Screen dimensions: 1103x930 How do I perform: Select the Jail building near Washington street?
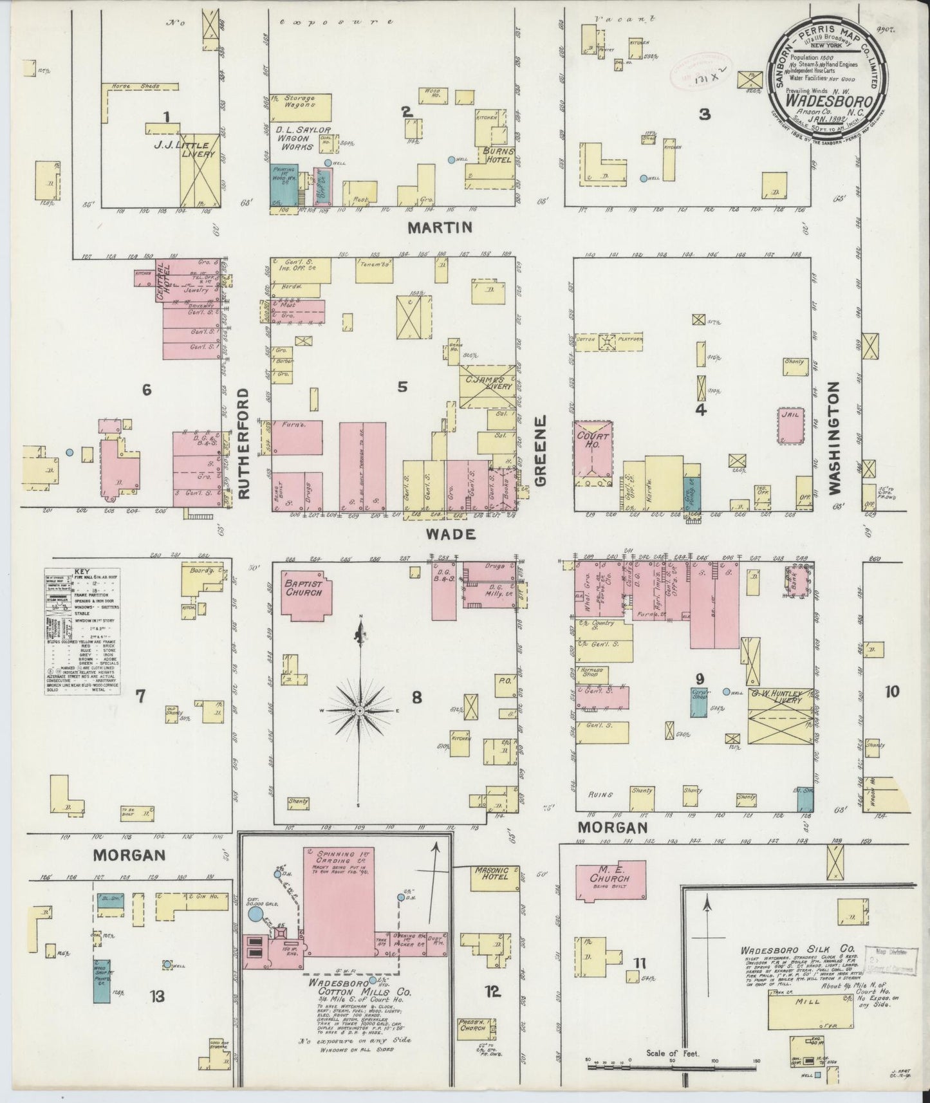click(x=790, y=425)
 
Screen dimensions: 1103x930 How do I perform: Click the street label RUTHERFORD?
click(x=244, y=443)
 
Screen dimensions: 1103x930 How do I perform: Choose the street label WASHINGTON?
click(x=835, y=438)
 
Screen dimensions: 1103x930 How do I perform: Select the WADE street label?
click(x=451, y=534)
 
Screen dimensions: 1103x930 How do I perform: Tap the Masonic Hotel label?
click(x=490, y=873)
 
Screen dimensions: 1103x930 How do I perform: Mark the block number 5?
click(x=402, y=387)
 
